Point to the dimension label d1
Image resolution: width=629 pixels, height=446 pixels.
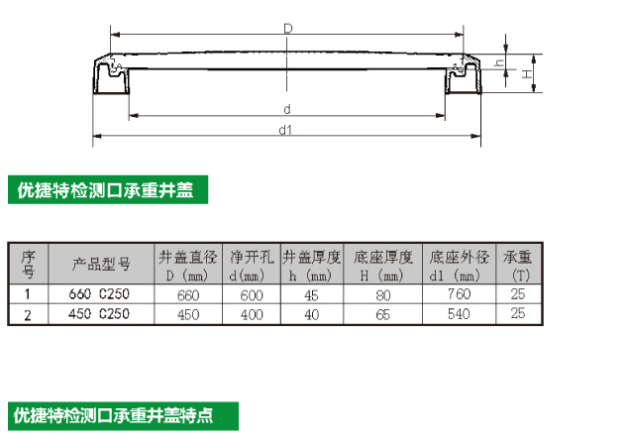coord(285,129)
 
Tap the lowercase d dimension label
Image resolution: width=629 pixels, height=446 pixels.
coord(285,108)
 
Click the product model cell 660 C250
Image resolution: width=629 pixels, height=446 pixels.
coord(98,294)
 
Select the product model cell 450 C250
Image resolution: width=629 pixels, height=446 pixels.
coord(98,314)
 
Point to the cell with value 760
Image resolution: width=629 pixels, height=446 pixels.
coord(458,294)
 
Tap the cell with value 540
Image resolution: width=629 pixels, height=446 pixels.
coord(458,314)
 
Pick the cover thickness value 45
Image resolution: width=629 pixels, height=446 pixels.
coord(312,294)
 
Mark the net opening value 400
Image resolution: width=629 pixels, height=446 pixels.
coord(252,314)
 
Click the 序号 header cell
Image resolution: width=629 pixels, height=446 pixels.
coord(28,264)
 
